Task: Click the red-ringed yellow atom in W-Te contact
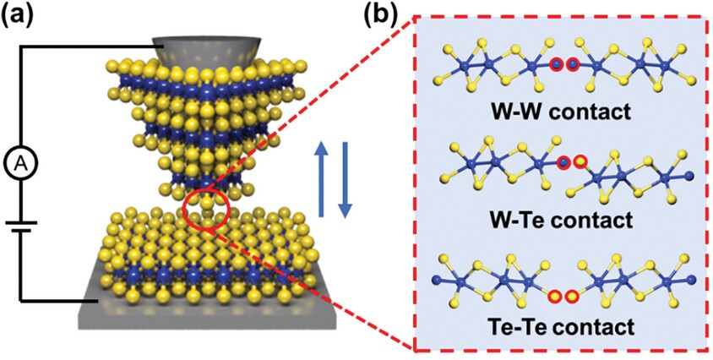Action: (x=580, y=161)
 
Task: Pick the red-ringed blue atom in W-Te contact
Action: (x=564, y=161)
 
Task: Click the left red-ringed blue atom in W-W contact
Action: (x=556, y=63)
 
